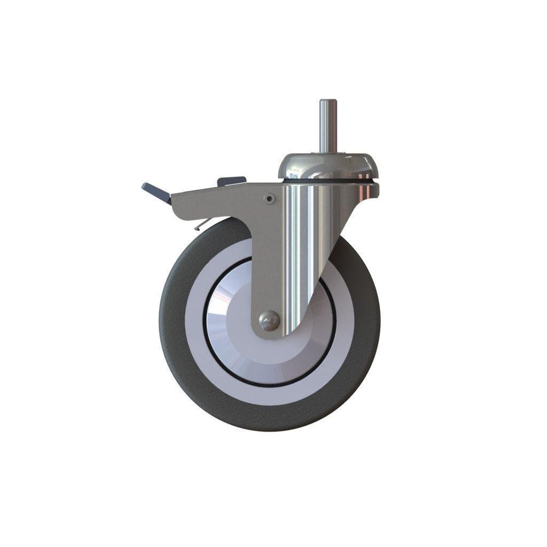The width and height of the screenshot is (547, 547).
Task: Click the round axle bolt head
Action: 269,321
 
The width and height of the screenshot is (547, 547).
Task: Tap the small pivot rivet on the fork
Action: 270,199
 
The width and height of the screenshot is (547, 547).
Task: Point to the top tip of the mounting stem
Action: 327,101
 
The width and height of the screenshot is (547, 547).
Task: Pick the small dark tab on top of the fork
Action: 231,181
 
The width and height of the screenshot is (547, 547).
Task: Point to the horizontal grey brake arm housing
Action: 214,200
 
